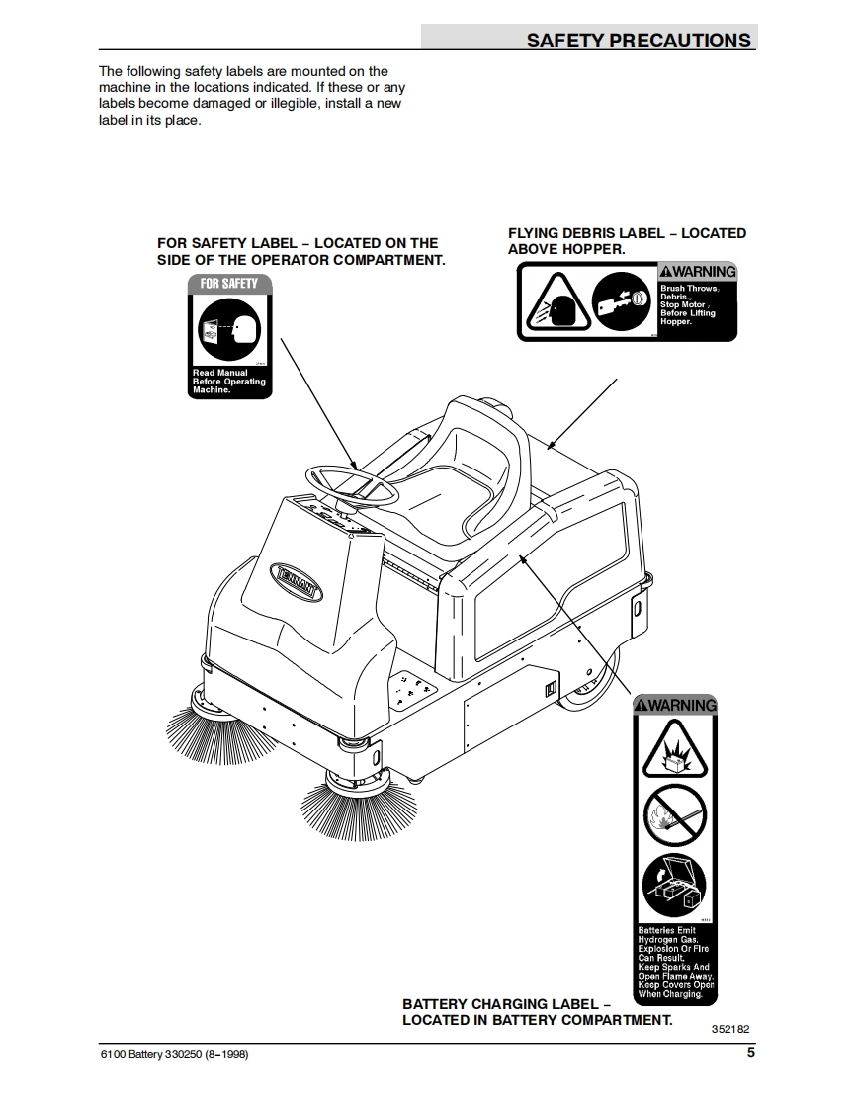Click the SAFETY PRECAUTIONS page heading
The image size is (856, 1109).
pos(638,40)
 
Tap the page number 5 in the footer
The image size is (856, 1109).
pos(750,1053)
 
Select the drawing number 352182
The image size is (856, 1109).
pos(730,1028)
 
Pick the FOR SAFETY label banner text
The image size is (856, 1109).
pos(229,284)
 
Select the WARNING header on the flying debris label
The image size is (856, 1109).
pos(698,272)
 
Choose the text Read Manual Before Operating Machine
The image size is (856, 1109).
pos(229,382)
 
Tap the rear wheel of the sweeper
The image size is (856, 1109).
pos(590,682)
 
